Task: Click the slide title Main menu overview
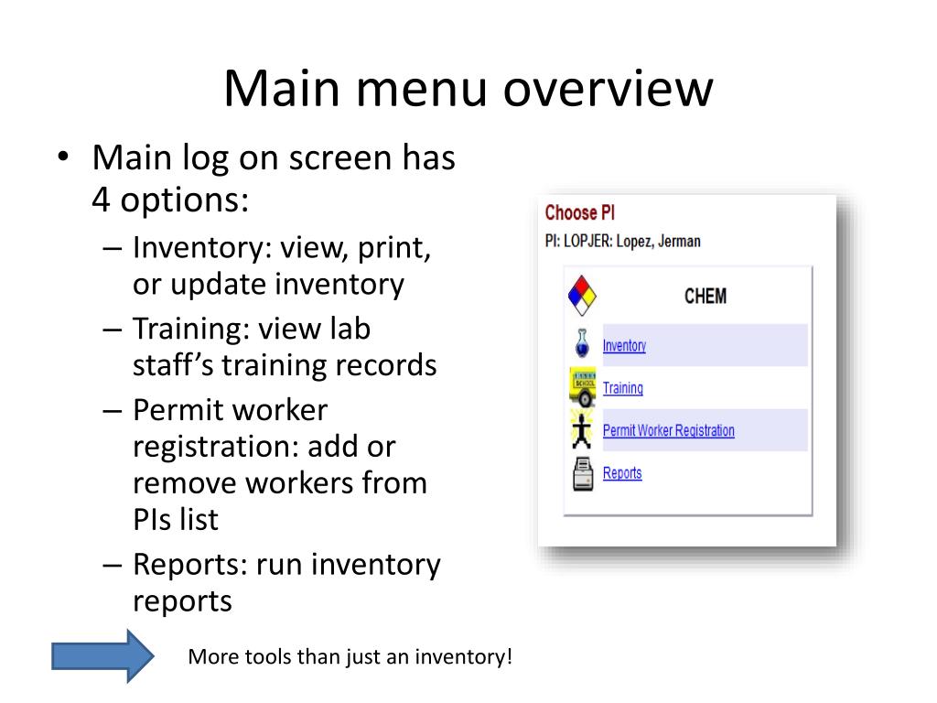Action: coord(468,90)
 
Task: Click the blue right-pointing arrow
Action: coord(102,655)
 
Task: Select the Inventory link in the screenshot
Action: coord(624,345)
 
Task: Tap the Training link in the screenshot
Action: coord(622,388)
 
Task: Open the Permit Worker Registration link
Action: coord(668,430)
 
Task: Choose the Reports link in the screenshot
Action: coord(622,473)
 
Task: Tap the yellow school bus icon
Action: coord(583,387)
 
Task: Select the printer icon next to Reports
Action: coord(583,475)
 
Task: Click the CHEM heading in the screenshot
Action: coord(705,296)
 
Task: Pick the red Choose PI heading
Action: coord(579,213)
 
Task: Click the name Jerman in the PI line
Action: coord(678,242)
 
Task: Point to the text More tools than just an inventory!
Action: coord(350,657)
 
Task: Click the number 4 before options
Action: coord(101,200)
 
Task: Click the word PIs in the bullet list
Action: coord(151,519)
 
